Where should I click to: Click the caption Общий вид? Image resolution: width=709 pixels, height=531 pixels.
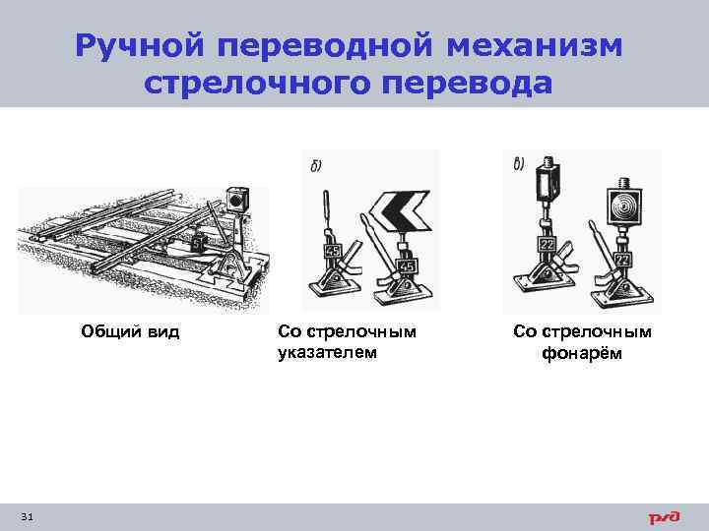tap(129, 331)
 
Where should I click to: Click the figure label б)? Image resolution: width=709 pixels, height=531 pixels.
tap(316, 163)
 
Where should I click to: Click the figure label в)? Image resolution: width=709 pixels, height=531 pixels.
tap(519, 163)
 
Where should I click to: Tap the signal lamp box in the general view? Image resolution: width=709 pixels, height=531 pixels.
tap(236, 200)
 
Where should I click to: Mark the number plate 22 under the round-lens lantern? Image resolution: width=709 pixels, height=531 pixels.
tap(622, 260)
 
